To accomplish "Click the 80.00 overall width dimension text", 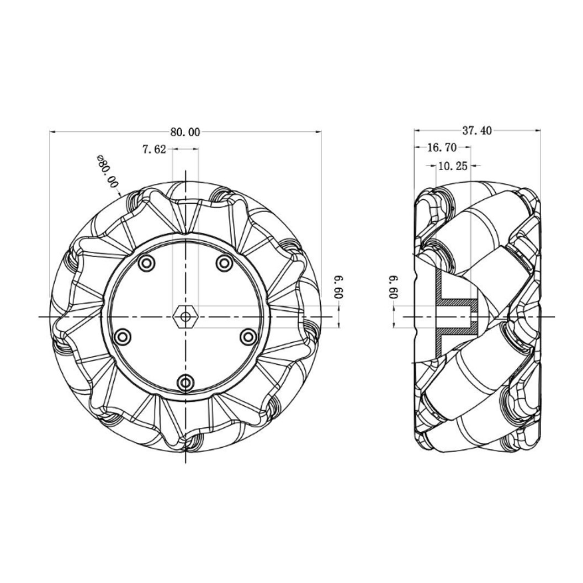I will [185, 132].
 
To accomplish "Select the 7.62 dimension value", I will [154, 149].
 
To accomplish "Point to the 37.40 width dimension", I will [476, 131].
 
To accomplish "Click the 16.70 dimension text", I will [442, 147].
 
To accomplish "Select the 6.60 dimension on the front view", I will [339, 287].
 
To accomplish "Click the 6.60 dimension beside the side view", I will [394, 287].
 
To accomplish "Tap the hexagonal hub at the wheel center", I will [185, 316].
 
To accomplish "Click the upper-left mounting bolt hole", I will [146, 263].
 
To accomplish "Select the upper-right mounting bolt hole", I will [224, 263].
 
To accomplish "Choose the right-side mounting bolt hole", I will [248, 336].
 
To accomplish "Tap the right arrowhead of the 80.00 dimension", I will [319, 132].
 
